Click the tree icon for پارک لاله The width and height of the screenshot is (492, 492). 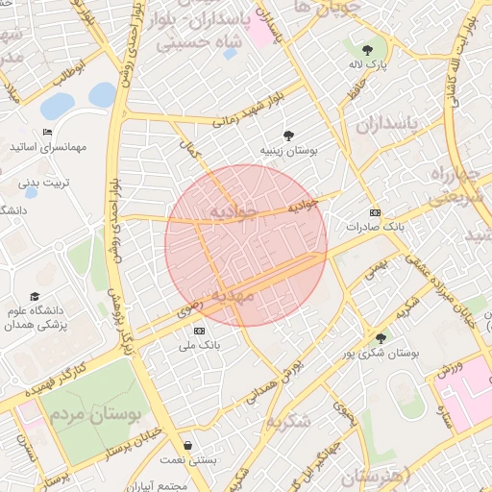[366, 47]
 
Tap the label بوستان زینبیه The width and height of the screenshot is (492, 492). [288, 151]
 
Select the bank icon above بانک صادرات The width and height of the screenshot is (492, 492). [375, 212]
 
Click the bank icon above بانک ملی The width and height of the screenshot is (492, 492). [199, 330]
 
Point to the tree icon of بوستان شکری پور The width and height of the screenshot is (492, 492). [381, 337]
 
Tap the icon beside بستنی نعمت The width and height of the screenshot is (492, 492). [186, 446]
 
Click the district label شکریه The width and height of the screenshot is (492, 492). [289, 420]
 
